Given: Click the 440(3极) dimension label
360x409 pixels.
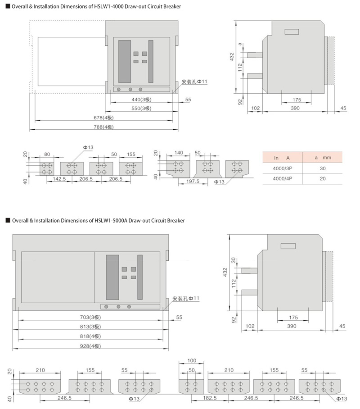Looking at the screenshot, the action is coord(141,100).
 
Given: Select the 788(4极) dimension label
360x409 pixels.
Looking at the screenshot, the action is coord(104,127).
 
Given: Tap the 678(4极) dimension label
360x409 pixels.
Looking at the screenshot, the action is coord(104,118).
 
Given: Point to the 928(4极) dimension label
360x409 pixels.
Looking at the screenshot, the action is coord(90,346).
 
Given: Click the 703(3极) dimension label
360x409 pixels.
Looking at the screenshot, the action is coord(90,317).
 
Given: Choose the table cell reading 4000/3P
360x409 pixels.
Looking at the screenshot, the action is coord(283,168).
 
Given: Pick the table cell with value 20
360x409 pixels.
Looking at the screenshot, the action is coord(323,179).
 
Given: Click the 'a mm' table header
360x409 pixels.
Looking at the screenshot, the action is coord(323,158).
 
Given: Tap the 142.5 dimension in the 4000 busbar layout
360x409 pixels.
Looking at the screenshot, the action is coord(59,179).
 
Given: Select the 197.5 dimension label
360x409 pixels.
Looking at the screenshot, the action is coord(193,181).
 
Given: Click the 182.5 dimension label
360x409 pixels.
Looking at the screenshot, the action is coord(210,398).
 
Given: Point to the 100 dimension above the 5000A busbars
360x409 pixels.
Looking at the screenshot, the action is coord(192,360).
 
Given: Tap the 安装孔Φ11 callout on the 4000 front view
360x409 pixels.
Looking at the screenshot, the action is coord(194,82).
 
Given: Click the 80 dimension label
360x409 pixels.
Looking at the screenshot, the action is coord(47,154).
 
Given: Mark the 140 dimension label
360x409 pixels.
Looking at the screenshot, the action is coord(179,153).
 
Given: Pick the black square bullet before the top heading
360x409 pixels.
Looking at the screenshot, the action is coord(8,6).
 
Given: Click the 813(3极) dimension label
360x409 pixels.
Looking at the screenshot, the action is coord(90,327).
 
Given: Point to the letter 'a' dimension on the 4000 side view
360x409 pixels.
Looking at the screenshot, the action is coord(240,44).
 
